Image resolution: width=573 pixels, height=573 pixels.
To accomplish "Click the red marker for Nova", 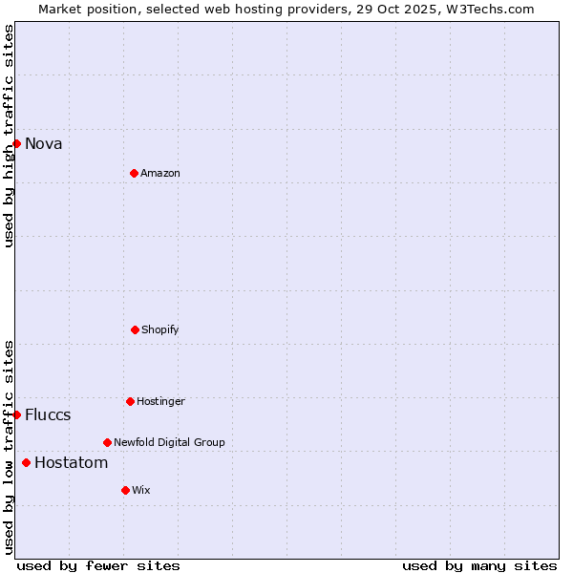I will (x=16, y=143).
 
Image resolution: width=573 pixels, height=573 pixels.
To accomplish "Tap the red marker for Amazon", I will (x=134, y=173).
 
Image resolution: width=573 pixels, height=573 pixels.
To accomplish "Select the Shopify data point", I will (x=135, y=329).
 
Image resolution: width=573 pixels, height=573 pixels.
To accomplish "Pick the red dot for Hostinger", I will (x=130, y=401).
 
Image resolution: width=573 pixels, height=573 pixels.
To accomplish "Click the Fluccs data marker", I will (x=16, y=414).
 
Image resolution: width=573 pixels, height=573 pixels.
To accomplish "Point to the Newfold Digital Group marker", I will (x=107, y=442).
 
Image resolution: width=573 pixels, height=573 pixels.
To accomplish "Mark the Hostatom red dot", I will (x=26, y=463).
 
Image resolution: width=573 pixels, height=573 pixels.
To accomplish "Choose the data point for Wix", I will (x=125, y=490).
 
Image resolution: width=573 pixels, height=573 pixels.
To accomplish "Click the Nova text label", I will (x=44, y=144).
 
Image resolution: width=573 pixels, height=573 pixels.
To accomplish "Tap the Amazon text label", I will (x=160, y=174).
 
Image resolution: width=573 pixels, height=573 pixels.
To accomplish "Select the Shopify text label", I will (x=160, y=330).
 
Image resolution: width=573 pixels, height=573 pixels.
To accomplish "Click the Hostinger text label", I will (x=160, y=402).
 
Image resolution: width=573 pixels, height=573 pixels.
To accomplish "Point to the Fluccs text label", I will (x=48, y=415).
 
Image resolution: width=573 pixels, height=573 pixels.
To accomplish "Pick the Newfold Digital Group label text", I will (x=169, y=443).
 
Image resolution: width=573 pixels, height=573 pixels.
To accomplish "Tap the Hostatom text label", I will (x=71, y=463).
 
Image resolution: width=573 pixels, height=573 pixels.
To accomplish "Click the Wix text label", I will (x=141, y=491).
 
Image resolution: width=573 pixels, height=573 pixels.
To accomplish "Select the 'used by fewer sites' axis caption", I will (x=98, y=565).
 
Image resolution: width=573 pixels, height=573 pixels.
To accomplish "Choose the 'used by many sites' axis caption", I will (x=479, y=565).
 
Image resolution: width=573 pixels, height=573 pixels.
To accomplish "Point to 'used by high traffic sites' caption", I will (x=9, y=136).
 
